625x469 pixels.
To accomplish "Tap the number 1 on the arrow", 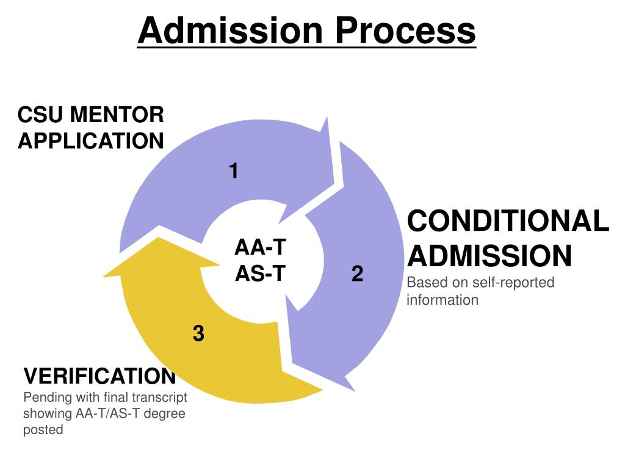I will click(x=233, y=172).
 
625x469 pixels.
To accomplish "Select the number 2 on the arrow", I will click(x=358, y=274).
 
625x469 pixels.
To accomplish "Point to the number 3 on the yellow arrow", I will click(x=198, y=333).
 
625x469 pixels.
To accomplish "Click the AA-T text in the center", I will click(x=261, y=248).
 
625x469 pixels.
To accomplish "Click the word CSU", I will click(x=42, y=114).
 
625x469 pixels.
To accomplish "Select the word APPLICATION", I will click(x=91, y=141).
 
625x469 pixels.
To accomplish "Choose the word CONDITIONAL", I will click(x=508, y=220).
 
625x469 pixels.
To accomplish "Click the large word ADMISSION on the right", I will click(x=490, y=256).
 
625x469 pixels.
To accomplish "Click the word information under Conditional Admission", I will click(x=443, y=300).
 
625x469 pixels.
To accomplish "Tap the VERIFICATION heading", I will click(x=99, y=376).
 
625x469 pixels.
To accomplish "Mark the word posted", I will click(x=43, y=429).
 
